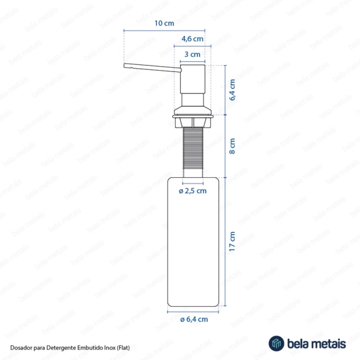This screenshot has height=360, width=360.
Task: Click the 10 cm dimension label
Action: coord(164,23)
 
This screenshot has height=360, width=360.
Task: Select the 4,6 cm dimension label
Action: coord(192,39)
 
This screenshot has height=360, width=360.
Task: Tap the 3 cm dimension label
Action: coord(192,55)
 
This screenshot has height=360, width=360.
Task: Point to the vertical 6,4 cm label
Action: coord(232,90)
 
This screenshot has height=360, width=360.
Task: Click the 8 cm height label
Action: coord(232,146)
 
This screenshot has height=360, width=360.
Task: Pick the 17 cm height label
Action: coord(232,241)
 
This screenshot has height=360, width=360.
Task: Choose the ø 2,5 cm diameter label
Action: coord(193,191)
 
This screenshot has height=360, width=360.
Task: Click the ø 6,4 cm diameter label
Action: coord(194,319)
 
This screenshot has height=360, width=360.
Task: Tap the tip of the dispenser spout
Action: coord(124,66)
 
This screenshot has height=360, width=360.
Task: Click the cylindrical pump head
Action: coord(193,79)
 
